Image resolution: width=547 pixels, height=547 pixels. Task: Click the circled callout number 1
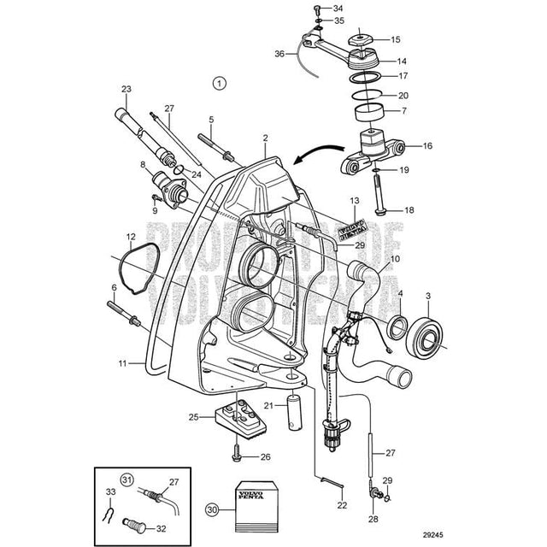coord(219,84)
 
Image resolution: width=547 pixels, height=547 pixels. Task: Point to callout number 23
coord(126,89)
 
